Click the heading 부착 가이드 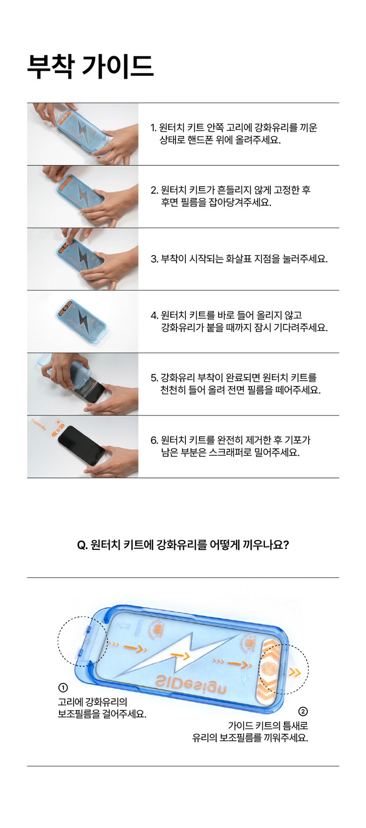click(x=90, y=67)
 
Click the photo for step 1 click(x=83, y=134)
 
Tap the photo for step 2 click(x=83, y=197)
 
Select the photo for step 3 click(x=83, y=259)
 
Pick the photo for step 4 click(x=83, y=322)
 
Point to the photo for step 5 click(x=83, y=384)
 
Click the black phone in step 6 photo click(x=82, y=445)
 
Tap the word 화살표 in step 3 click(x=254, y=259)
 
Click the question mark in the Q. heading click(x=286, y=545)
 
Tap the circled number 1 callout click(x=63, y=688)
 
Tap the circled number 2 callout click(x=303, y=711)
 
